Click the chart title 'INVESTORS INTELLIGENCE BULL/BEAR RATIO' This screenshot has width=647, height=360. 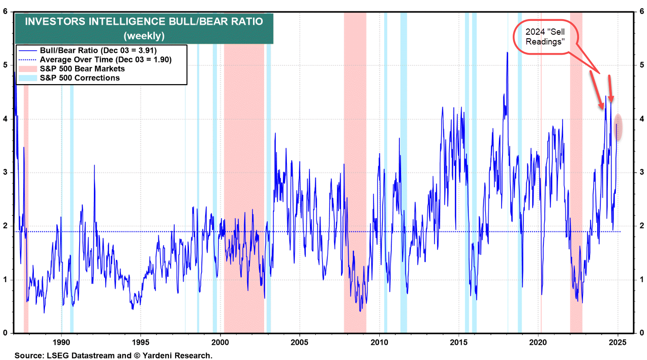click(x=144, y=21)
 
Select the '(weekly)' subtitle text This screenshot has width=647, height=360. click(x=144, y=35)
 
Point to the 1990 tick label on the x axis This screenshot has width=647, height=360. click(x=61, y=343)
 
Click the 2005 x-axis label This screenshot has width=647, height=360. click(x=300, y=343)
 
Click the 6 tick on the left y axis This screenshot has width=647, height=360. click(x=5, y=12)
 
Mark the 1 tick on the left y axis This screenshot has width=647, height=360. click(x=5, y=279)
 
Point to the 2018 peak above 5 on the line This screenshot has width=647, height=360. click(x=507, y=53)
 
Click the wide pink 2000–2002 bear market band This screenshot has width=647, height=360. click(x=244, y=178)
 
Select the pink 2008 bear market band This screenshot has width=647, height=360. click(x=355, y=178)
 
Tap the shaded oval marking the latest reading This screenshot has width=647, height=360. click(x=618, y=127)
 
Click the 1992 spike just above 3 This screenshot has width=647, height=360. click(x=94, y=166)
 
